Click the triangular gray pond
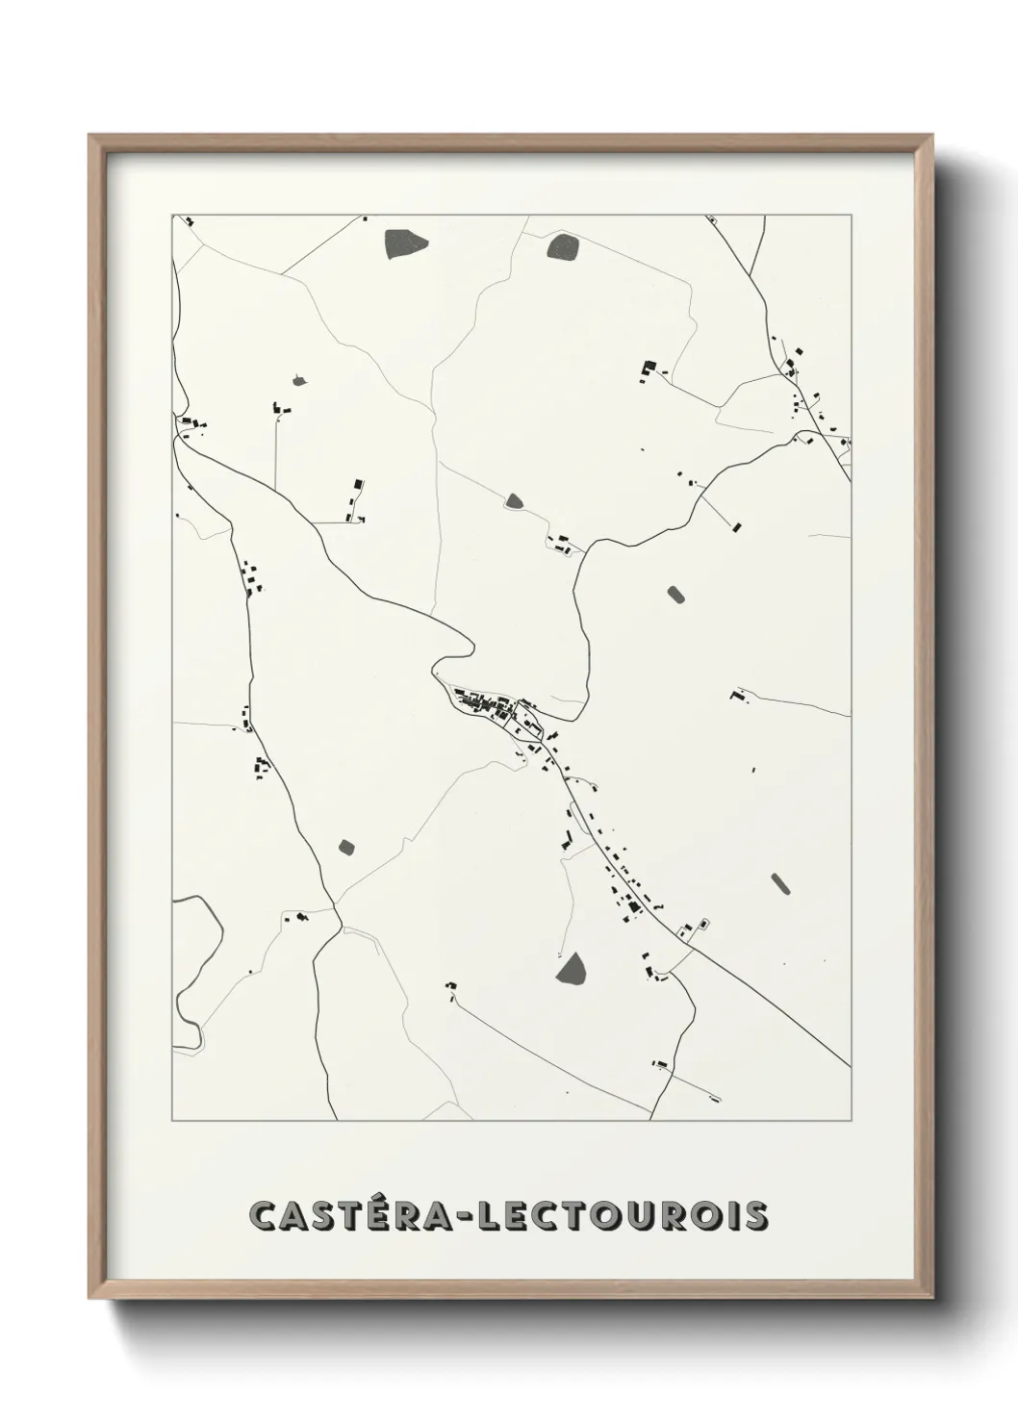click(x=571, y=969)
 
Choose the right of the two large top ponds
click(x=562, y=247)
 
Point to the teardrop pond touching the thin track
click(x=515, y=501)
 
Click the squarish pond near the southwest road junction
click(x=346, y=847)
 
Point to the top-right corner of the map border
click(x=851, y=216)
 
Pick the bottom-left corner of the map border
click(x=173, y=1121)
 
